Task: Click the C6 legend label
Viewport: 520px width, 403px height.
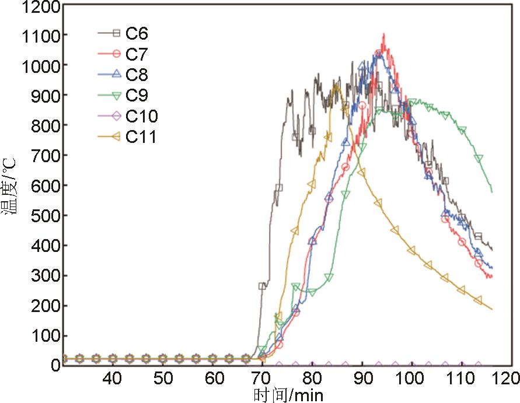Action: coord(137,33)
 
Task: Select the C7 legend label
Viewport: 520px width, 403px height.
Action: coord(137,54)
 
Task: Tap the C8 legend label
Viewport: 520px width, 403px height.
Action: coord(137,75)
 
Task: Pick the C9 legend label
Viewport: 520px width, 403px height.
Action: coord(137,96)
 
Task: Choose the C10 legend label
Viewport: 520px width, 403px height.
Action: coord(142,116)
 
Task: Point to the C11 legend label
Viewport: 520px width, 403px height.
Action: coord(141,137)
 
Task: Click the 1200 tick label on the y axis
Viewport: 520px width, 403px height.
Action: coord(41,8)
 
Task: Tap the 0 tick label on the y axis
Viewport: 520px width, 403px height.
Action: coord(56,366)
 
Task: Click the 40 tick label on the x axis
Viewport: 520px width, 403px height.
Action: coord(112,377)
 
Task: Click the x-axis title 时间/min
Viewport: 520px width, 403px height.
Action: coord(288,394)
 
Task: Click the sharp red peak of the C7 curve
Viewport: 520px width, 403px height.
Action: coord(383,36)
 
